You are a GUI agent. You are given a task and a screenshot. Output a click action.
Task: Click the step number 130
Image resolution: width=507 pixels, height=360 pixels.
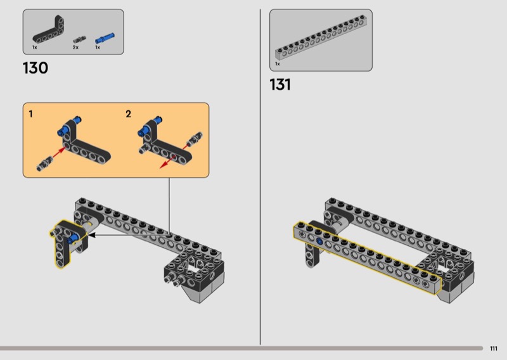coord(35,68)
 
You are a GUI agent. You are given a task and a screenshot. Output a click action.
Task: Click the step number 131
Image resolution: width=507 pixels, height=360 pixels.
coord(280,85)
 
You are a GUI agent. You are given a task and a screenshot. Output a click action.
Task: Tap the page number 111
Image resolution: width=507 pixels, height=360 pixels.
coord(494,349)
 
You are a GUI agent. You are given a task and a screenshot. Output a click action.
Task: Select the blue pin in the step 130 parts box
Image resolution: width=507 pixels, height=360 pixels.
coord(105,38)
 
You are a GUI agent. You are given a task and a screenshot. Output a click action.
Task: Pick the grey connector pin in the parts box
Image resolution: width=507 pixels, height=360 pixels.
coord(79,40)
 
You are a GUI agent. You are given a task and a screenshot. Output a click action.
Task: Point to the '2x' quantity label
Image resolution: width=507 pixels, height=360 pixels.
coord(75,48)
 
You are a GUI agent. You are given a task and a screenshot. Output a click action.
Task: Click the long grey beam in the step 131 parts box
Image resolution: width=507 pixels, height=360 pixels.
coord(321,37)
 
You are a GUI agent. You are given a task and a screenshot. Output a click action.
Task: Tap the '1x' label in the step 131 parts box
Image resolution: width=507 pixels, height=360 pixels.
coord(278,64)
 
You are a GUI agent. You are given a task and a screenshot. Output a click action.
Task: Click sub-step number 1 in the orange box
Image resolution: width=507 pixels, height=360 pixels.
coord(30,114)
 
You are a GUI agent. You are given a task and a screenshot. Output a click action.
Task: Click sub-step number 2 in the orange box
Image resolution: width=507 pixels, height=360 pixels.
coord(129,114)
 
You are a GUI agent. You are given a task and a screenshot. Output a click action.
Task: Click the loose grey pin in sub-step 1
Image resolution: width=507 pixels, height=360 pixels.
coord(44,164)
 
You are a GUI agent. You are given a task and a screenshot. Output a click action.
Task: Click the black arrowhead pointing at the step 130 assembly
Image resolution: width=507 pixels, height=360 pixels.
coord(92,235)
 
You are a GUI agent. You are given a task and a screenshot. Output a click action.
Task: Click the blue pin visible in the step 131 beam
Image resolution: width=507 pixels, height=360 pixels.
coord(319,241)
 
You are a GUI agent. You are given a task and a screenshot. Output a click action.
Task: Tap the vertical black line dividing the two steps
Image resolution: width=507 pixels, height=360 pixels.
coord(260,177)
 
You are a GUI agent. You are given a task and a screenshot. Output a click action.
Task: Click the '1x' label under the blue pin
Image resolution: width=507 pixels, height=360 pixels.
coord(98,48)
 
